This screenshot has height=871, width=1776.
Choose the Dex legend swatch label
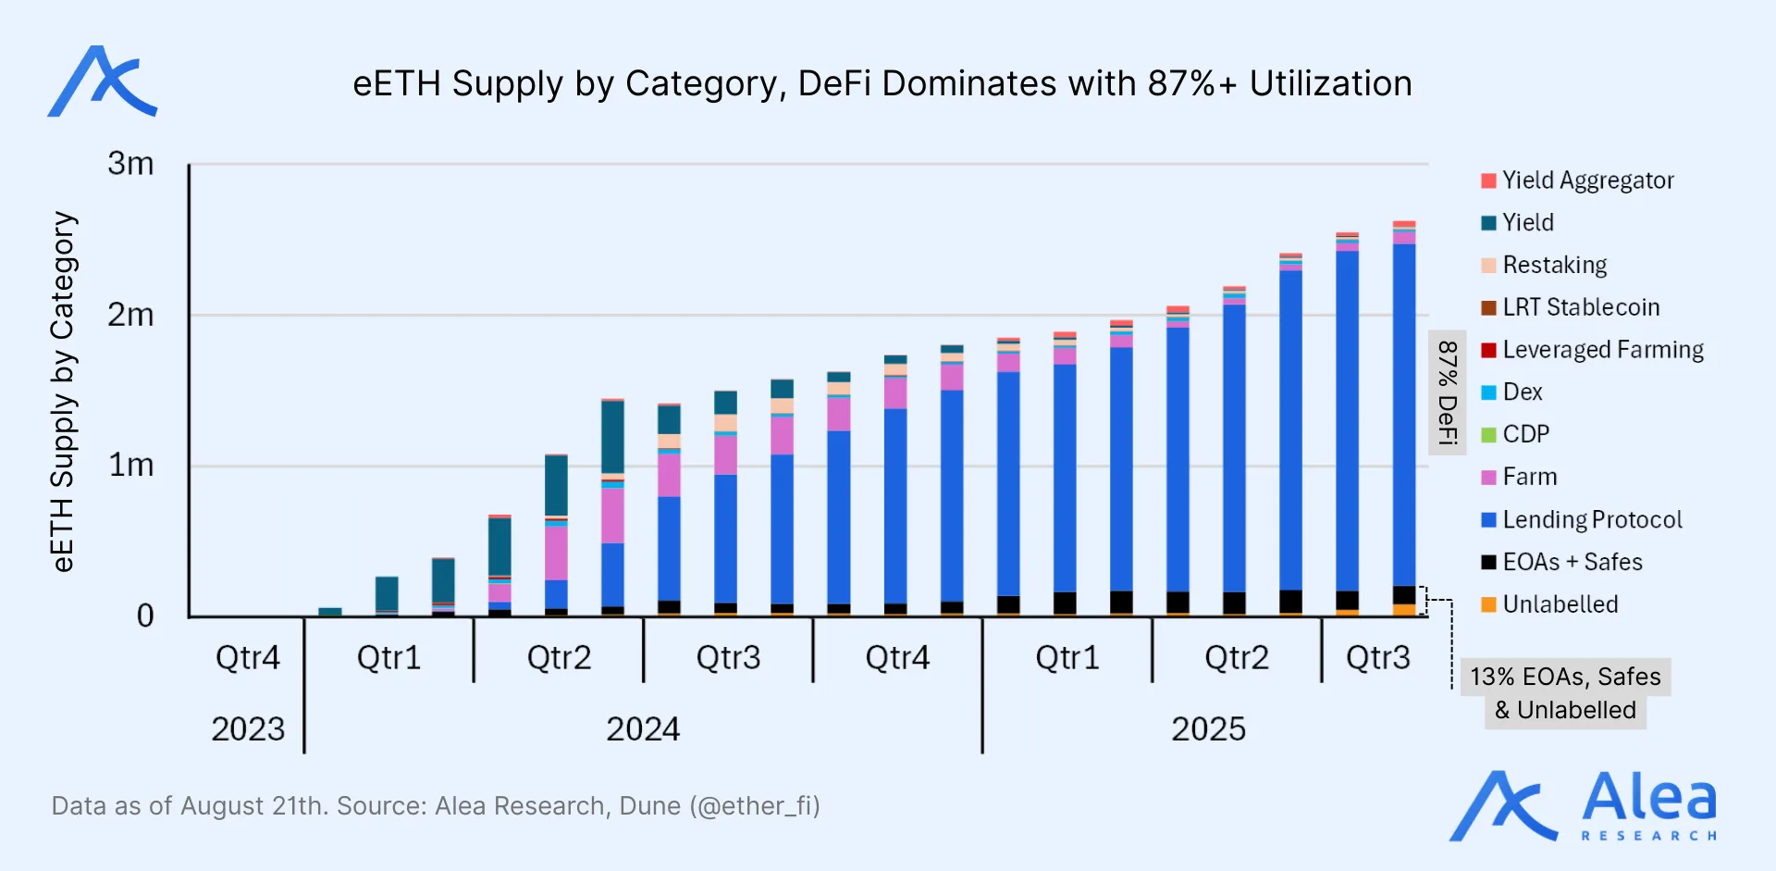(x=1522, y=392)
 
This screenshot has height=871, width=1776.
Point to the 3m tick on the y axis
(x=130, y=164)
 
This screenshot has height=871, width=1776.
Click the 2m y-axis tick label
(x=130, y=316)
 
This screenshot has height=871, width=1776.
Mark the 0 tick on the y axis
(x=145, y=616)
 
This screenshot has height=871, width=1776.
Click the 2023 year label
(x=248, y=729)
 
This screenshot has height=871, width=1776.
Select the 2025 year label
(x=1208, y=729)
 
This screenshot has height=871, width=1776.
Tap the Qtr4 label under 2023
(x=247, y=658)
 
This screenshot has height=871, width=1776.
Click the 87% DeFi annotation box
(x=1448, y=392)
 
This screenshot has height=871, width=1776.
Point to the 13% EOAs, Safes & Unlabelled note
(x=1565, y=693)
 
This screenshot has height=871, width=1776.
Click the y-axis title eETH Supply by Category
(x=63, y=391)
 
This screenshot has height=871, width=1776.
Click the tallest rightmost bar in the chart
(x=1403, y=417)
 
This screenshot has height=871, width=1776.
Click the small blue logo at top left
(x=103, y=81)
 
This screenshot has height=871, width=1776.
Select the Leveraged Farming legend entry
(x=1602, y=350)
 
